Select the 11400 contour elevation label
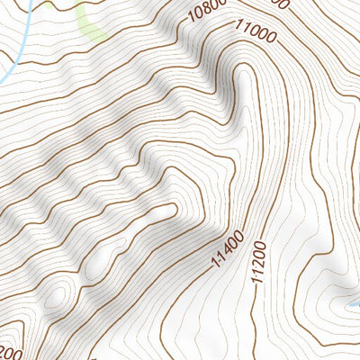(229, 249)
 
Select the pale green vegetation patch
(90, 22)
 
